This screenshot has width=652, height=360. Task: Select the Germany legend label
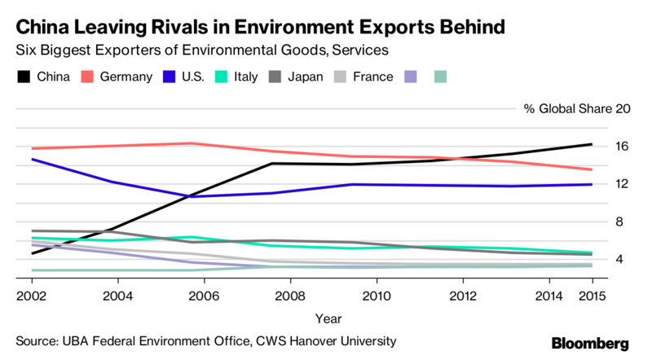[127, 77]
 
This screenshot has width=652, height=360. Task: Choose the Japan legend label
[306, 77]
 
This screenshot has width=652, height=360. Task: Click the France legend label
[374, 77]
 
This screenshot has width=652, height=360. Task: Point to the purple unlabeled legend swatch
[412, 77]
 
